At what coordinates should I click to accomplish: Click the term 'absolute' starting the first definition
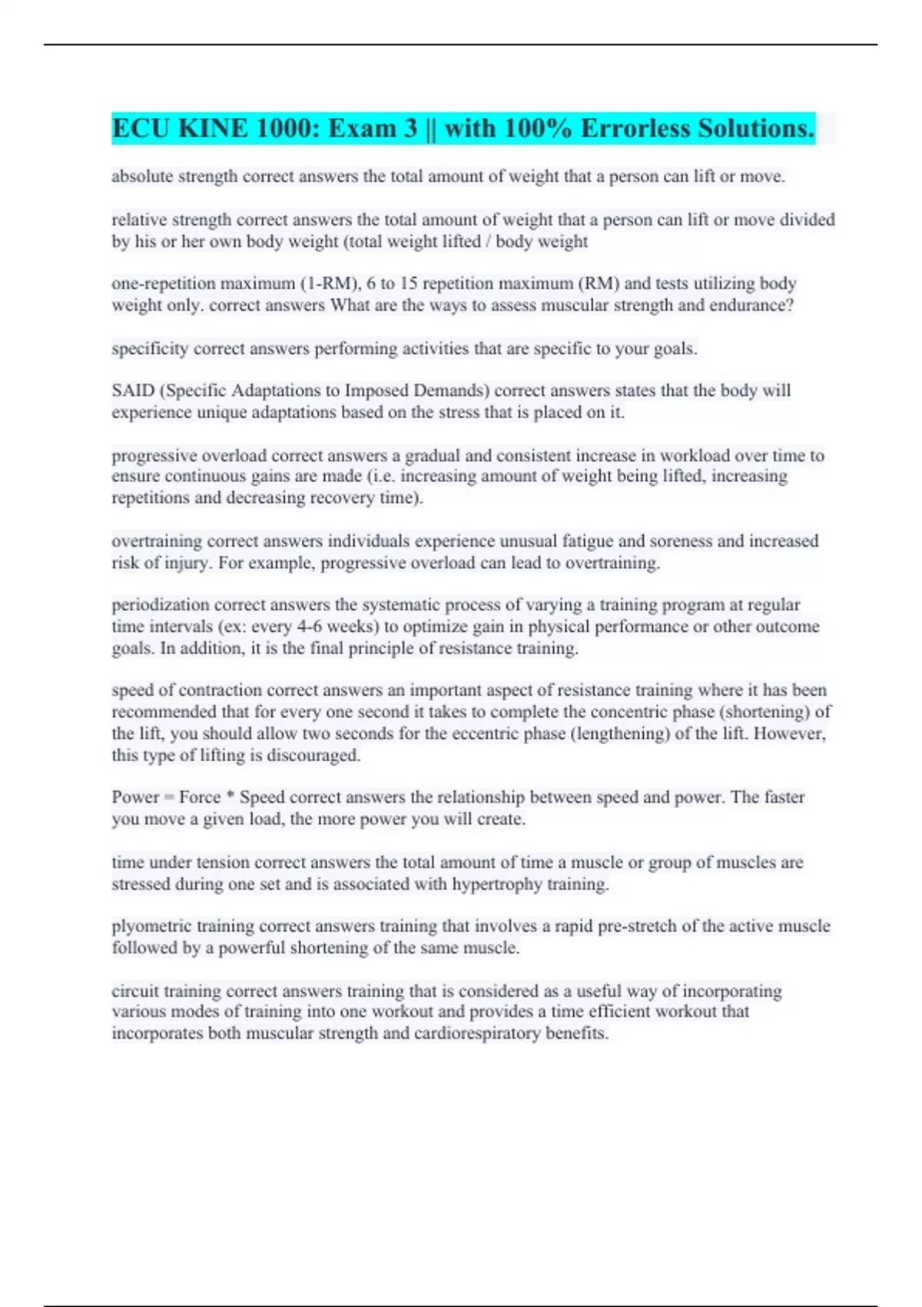tap(142, 177)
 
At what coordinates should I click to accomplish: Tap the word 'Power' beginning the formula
tap(135, 797)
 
